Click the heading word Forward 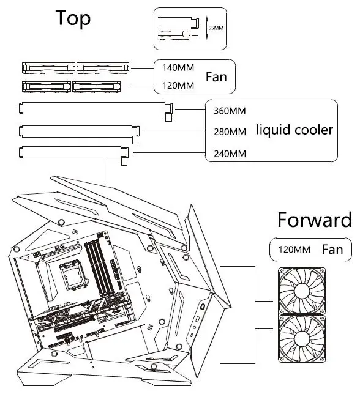click(x=314, y=220)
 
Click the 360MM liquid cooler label click(x=230, y=112)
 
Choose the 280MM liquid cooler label click(x=230, y=132)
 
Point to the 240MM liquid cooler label click(x=230, y=153)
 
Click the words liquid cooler click(x=294, y=130)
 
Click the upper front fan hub click(x=303, y=292)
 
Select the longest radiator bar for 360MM click(x=95, y=109)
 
